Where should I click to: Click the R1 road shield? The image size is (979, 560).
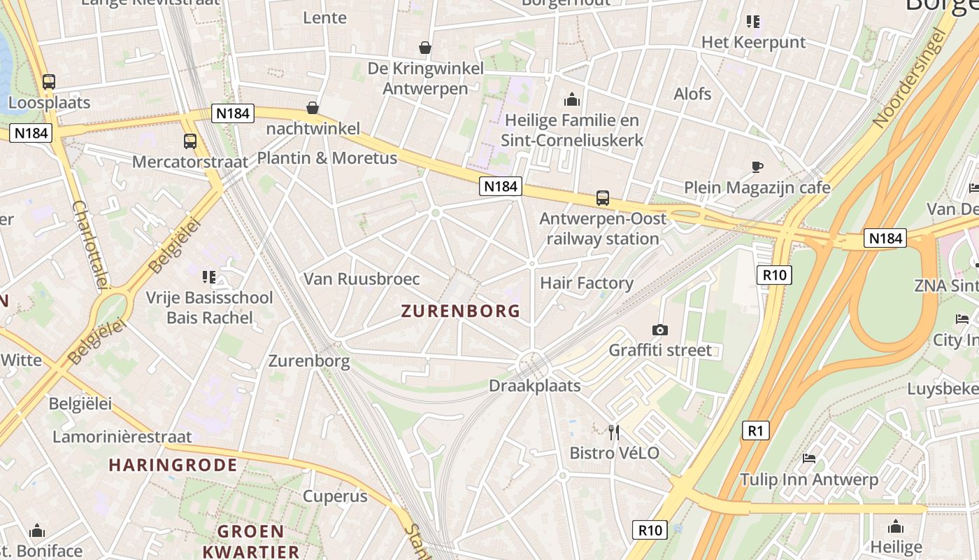(x=755, y=430)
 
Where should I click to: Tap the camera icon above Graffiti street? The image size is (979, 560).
(x=659, y=330)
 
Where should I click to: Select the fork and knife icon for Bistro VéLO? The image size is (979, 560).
(x=614, y=432)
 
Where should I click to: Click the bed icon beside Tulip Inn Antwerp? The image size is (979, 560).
(x=809, y=458)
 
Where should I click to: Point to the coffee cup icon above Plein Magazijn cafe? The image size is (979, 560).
(x=757, y=167)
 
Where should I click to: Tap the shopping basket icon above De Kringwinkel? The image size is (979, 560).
(x=424, y=48)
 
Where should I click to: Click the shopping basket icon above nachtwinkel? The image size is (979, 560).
(x=313, y=108)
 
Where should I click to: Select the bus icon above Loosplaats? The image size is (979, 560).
(x=48, y=82)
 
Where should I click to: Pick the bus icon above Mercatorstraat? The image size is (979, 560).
(x=190, y=141)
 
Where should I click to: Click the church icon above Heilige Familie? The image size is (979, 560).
(x=572, y=99)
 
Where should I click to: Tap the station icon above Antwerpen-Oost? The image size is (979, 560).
(x=603, y=198)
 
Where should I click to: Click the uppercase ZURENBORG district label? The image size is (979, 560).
(x=461, y=311)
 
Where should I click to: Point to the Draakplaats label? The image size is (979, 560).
(x=535, y=386)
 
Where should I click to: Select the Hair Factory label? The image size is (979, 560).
(x=586, y=283)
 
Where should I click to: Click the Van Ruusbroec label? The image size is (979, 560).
(x=362, y=279)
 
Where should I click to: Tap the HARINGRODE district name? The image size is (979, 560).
(x=173, y=465)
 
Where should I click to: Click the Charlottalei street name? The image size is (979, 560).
(x=91, y=244)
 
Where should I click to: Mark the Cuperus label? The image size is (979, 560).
(x=335, y=496)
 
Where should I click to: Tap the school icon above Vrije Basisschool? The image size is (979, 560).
(x=208, y=277)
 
